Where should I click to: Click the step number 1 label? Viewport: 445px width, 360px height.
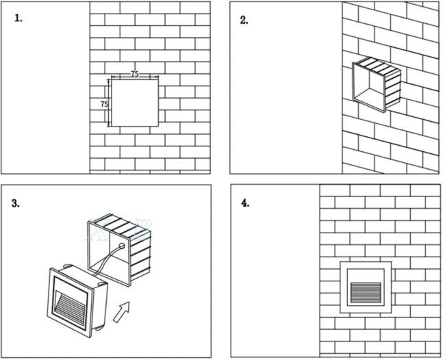(18, 18)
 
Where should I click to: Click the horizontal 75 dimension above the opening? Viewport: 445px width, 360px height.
(135, 73)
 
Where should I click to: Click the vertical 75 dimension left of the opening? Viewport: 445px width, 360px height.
(104, 104)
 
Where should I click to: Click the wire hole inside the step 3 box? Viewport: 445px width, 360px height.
(122, 244)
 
